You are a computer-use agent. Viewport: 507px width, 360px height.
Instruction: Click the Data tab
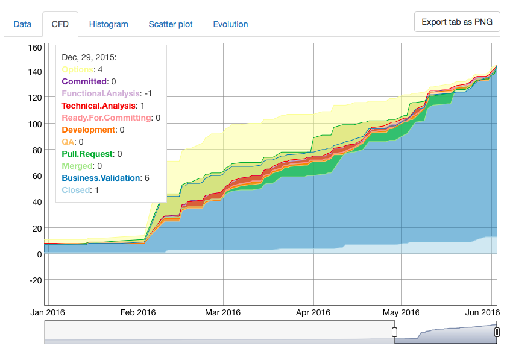22,24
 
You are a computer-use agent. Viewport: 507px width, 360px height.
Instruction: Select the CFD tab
60,24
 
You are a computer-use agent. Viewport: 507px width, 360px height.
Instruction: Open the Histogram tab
109,24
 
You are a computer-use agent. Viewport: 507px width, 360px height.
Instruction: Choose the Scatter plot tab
171,24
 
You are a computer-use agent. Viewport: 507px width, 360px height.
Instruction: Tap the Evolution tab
230,24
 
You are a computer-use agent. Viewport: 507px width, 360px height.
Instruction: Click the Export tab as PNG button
457,22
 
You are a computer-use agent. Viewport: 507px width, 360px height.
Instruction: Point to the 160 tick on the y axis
34,47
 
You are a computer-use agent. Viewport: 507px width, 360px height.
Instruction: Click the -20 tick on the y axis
34,280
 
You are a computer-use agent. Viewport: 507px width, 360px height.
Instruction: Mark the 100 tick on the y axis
34,124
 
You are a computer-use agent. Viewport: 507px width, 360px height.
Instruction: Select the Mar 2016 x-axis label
222,312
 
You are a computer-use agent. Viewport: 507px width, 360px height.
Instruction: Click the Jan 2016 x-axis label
48,312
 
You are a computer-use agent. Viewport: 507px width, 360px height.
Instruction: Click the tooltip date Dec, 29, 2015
89,57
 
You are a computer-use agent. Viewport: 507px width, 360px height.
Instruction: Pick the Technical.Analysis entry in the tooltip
100,106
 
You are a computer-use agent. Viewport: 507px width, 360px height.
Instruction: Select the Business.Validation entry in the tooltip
101,178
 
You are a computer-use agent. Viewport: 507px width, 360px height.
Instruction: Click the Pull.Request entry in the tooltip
88,154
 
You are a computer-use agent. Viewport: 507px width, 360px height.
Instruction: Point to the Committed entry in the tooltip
85,81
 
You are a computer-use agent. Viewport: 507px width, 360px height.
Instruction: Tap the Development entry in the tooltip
89,130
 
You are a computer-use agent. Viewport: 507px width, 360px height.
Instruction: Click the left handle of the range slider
395,332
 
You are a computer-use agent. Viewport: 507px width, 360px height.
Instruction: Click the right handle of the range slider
497,332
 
